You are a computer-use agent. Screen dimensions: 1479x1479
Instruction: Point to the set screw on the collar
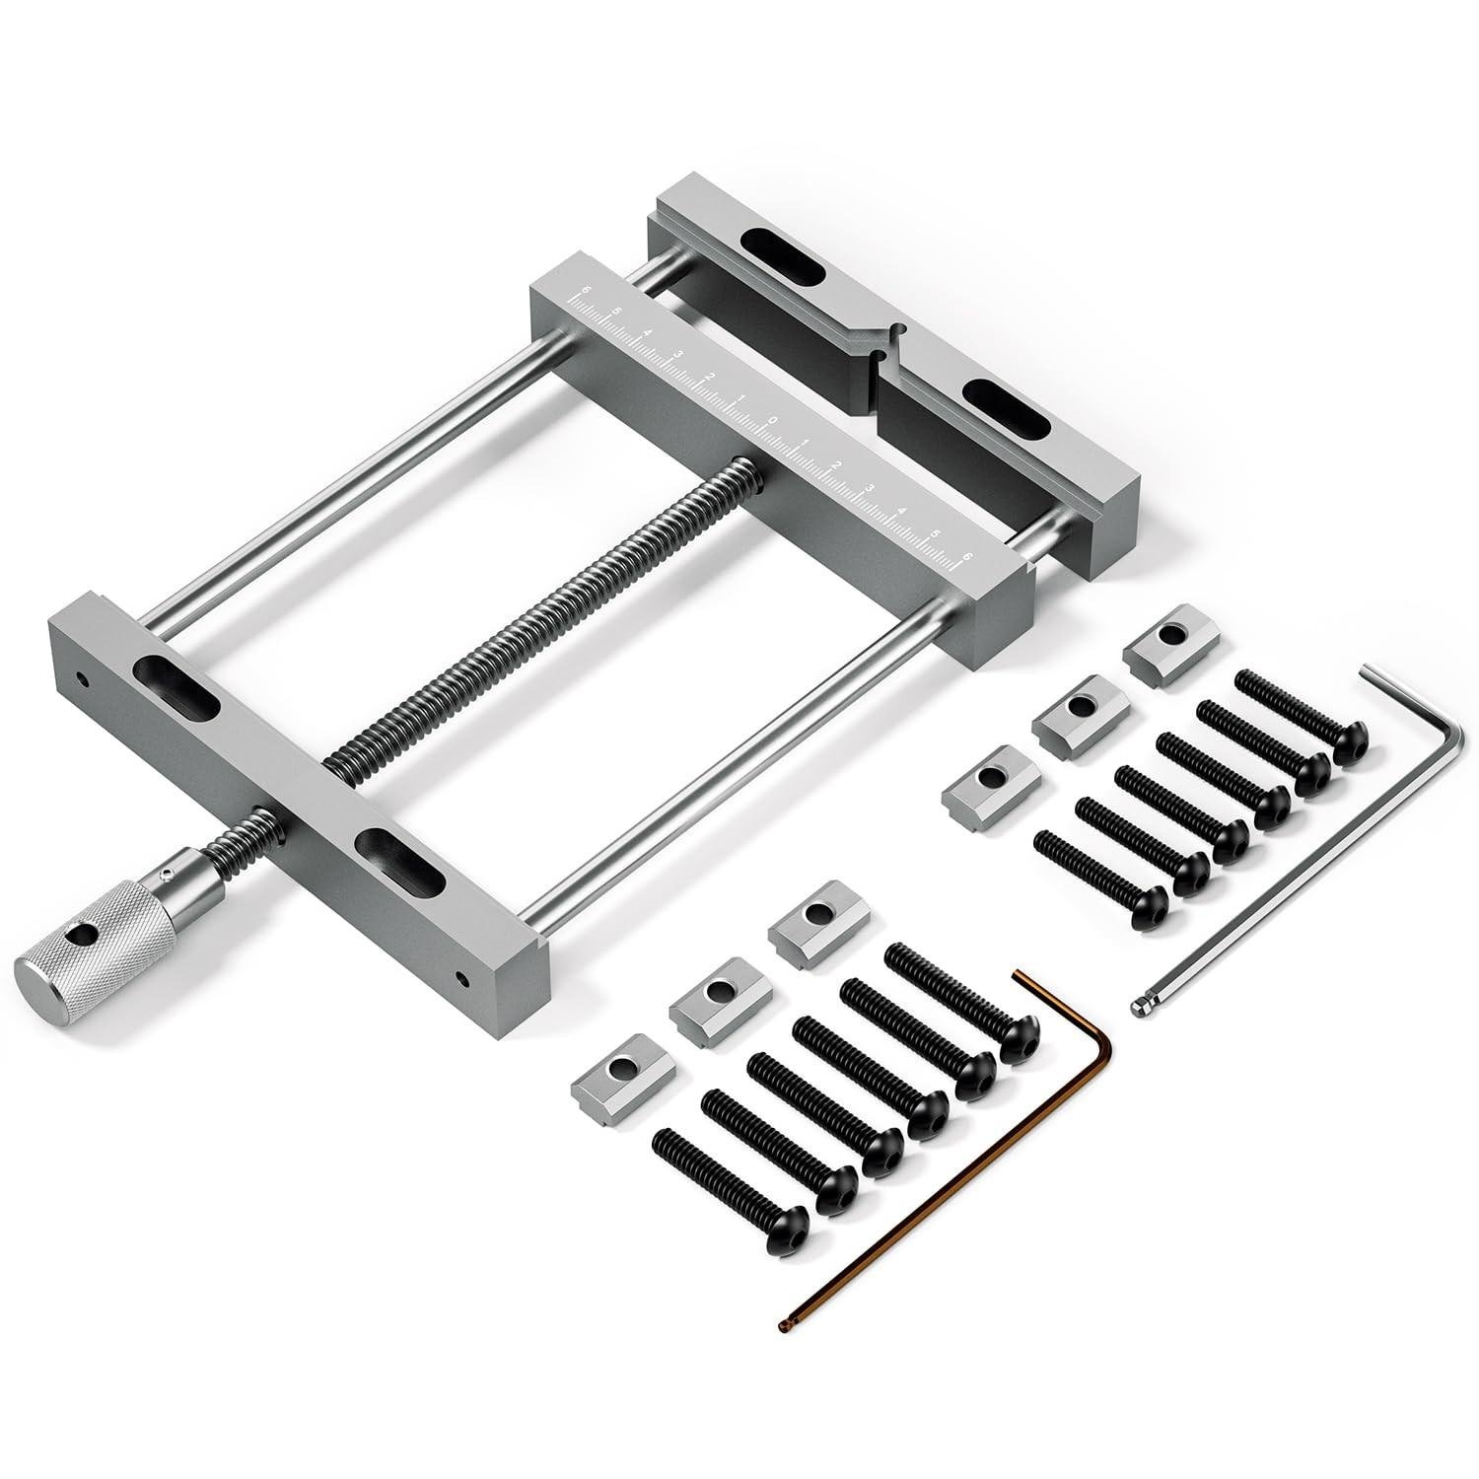(168, 873)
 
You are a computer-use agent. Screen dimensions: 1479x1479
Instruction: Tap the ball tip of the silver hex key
(1141, 1007)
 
